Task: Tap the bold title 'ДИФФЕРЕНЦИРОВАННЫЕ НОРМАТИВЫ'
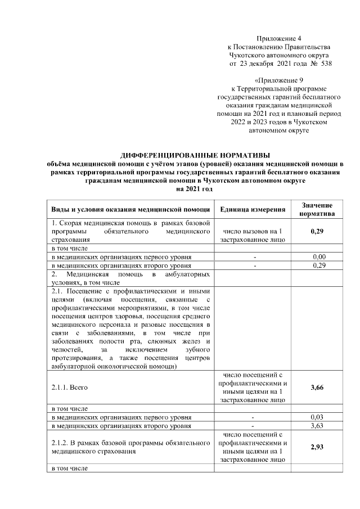coord(195,155)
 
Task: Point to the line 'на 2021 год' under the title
coord(195,190)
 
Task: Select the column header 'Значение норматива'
coord(317,209)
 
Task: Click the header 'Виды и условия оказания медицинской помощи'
coord(130,209)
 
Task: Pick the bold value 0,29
coord(317,231)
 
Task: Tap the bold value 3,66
coord(317,388)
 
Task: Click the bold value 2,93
coord(317,448)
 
